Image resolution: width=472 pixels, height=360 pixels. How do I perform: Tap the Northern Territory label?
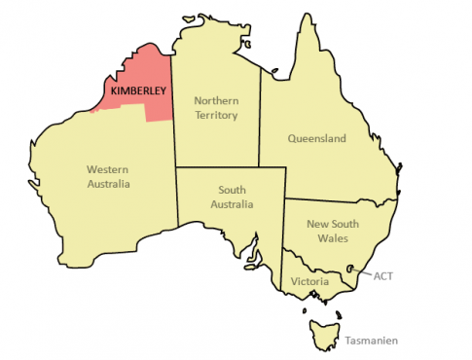point(216,107)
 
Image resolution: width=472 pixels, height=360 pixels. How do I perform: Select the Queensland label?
point(316,139)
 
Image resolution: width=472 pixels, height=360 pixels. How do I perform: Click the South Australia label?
point(232,198)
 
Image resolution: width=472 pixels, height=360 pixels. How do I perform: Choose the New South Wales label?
point(333,231)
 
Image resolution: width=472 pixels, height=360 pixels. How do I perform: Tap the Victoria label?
point(309,282)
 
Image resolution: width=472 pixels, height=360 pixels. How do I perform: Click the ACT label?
point(383,275)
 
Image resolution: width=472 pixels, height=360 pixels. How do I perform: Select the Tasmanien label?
point(371,341)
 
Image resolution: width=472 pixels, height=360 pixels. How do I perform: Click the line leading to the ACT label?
point(363,273)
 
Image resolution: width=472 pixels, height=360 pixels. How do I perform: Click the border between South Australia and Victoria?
point(285,268)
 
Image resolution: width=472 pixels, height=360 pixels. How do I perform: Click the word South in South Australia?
point(232,191)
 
